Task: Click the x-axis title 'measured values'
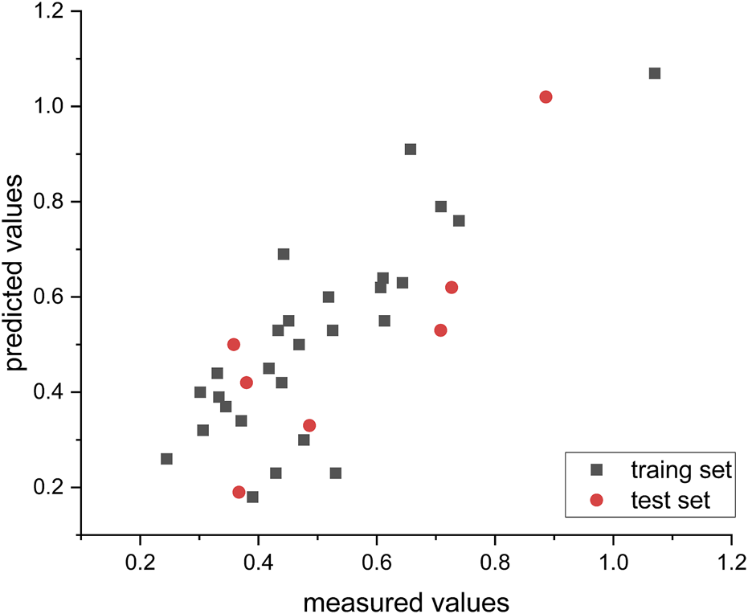[406, 601]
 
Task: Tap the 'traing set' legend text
[681, 470]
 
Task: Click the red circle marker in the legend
[596, 501]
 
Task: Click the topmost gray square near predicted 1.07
[655, 73]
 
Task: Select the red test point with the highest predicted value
[546, 97]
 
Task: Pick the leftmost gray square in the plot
[166, 459]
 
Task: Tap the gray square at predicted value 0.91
[411, 149]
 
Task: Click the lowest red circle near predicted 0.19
[239, 492]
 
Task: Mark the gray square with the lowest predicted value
[252, 497]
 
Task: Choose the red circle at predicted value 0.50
[234, 344]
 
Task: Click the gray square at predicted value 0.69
[284, 254]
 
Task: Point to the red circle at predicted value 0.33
[309, 425]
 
